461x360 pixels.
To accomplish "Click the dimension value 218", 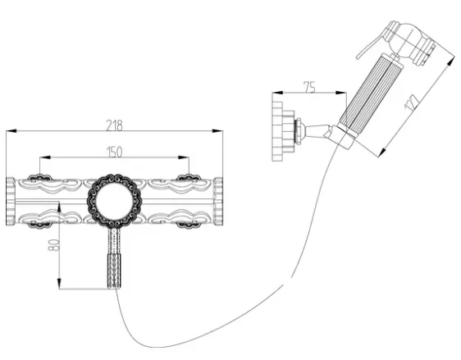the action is tap(114, 125).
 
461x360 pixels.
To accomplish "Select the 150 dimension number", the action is tap(114, 152).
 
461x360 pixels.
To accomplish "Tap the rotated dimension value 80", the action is tap(54, 245).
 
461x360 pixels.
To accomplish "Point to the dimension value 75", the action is tap(309, 87).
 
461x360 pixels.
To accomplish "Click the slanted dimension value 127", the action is tap(412, 102).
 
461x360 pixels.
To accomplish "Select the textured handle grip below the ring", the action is tap(115, 271).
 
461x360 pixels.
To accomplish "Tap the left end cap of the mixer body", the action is tap(11, 202).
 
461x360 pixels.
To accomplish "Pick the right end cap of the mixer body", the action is tap(218, 202).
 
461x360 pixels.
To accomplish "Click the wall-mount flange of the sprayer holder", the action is tap(277, 131).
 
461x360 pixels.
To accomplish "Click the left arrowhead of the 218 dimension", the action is tap(11, 131).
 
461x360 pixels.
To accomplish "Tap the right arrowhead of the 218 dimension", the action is tap(218, 131).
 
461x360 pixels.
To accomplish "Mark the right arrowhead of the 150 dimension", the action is tap(184, 157).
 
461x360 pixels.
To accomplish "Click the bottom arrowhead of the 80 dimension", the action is tap(59, 284).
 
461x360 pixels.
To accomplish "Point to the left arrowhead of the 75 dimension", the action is tap(277, 93).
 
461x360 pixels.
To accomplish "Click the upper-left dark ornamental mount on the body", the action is tap(39, 177).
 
